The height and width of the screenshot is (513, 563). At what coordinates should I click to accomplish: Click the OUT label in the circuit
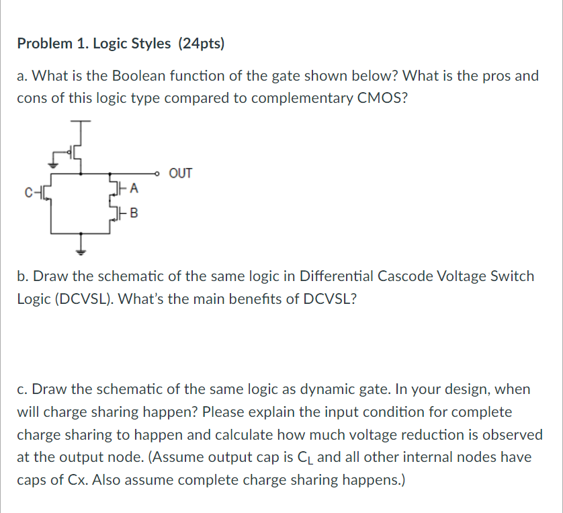[181, 173]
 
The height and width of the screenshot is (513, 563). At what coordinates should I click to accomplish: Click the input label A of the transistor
[134, 190]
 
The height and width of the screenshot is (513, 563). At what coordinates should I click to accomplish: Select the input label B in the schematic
[134, 214]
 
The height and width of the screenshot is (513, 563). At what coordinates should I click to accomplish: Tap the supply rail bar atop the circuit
[81, 123]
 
